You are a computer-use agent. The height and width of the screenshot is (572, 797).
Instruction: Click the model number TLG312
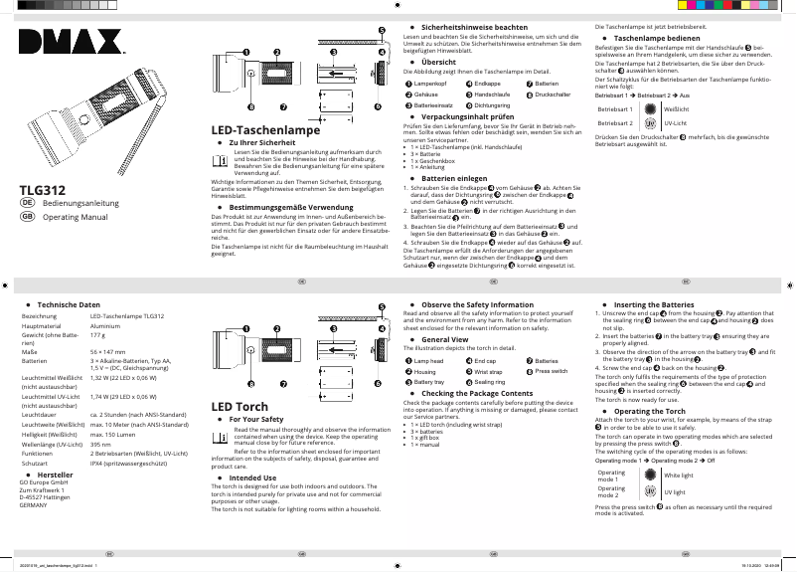pos(43,190)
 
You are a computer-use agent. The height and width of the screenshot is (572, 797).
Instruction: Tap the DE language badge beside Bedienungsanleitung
pos(28,203)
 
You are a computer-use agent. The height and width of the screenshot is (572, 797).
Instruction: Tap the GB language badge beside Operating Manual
pos(28,216)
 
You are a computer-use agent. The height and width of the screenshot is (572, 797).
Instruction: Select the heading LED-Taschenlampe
pos(265,130)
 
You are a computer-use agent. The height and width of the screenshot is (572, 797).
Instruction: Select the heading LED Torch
pos(239,407)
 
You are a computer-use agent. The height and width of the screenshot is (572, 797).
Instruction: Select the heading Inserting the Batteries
pos(654,304)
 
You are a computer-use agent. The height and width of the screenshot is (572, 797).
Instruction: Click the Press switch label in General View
pos(552,371)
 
